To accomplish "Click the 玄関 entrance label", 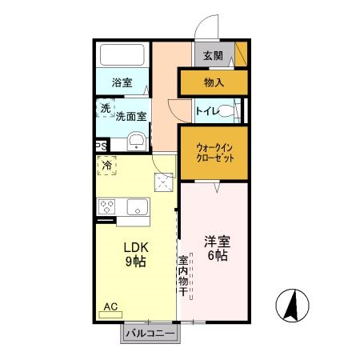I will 213,56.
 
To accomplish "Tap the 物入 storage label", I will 214,82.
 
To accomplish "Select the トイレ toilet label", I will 206,111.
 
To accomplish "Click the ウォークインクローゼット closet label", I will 214,152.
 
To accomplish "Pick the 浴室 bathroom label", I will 122,82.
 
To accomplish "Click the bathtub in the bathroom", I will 122,55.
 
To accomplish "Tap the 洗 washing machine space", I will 105,108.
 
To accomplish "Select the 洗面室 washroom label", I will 130,117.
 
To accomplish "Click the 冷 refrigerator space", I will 107,166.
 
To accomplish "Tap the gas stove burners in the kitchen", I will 107,206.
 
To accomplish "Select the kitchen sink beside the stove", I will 135,206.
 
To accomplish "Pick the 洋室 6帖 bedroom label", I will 215,248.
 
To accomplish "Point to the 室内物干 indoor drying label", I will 182,275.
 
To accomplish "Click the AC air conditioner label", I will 111,306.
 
